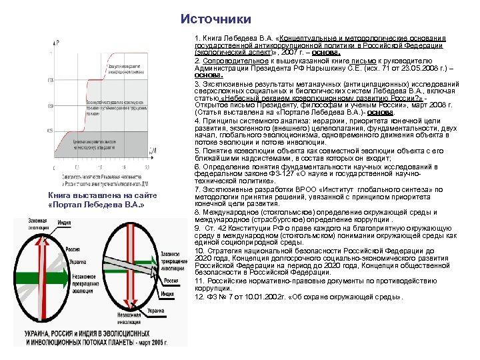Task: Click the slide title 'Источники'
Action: (x=216, y=19)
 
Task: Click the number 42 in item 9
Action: (x=219, y=229)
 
